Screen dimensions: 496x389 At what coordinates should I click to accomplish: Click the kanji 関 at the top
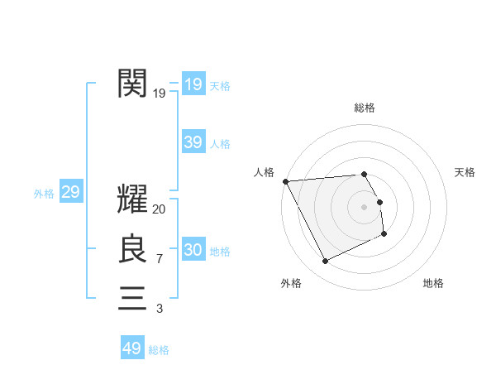132,84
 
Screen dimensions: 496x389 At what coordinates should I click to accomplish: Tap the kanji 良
132,249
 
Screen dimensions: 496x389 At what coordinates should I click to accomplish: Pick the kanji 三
132,297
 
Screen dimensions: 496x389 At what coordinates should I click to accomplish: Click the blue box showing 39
193,142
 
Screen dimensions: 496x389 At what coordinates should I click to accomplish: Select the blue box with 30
193,250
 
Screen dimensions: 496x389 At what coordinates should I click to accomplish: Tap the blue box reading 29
70,193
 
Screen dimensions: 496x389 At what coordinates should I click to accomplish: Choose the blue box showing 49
132,348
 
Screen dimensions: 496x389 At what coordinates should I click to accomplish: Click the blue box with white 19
193,84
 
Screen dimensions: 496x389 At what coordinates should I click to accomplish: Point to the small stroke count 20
160,210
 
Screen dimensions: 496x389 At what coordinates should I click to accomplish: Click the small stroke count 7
159,260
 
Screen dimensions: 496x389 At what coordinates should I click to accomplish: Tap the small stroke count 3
159,309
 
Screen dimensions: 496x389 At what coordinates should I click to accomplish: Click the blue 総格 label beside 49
159,350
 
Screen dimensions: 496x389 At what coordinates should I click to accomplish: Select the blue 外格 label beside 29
44,194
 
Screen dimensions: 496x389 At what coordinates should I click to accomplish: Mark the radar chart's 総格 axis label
365,108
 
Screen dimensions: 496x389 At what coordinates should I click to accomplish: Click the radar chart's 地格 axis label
433,283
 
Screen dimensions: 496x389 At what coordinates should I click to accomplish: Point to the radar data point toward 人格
285,181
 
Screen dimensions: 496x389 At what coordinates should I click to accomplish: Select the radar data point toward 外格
325,262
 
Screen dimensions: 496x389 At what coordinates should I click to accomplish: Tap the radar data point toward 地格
384,234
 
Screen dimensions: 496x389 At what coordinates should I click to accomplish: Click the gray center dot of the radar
365,206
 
